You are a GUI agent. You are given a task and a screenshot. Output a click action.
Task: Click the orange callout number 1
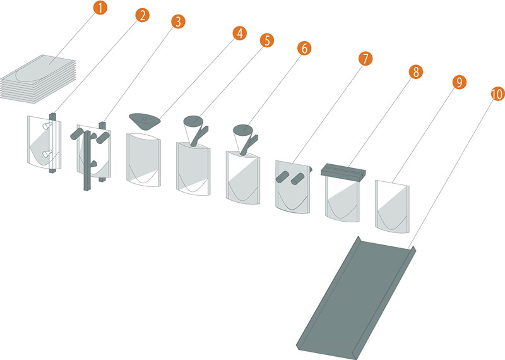tap(100, 8)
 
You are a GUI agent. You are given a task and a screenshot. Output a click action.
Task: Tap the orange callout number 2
tap(143, 15)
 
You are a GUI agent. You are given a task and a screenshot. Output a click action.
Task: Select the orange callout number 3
tap(179, 22)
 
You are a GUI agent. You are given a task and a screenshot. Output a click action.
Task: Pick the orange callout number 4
tap(240, 33)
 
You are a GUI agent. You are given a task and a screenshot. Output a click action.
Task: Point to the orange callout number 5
tap(267, 40)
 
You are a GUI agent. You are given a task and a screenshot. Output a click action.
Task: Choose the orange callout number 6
tap(304, 49)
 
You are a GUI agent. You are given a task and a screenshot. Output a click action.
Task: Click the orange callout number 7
tap(365, 59)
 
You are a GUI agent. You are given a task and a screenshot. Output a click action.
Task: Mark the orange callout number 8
tap(416, 72)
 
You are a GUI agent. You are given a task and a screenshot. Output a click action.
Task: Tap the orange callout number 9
tap(460, 82)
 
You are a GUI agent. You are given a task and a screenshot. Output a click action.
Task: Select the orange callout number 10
tap(497, 94)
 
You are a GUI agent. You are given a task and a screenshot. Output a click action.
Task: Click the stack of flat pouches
tap(38, 79)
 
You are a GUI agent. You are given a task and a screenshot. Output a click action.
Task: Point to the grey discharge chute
tap(356, 298)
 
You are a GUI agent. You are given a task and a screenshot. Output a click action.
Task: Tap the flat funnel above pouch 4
tap(145, 121)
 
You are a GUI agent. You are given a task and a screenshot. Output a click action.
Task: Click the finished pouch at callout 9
tap(392, 207)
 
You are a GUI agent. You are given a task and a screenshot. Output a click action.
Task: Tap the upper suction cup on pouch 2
tap(47, 126)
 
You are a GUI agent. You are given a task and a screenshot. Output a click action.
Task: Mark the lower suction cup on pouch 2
tap(47, 153)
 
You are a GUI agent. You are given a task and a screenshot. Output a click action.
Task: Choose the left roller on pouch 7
tap(282, 177)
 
